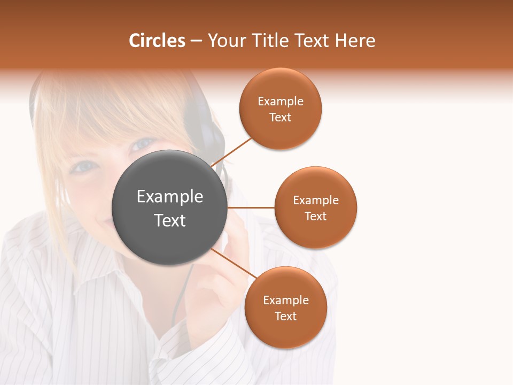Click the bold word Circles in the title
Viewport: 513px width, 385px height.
[x=157, y=41]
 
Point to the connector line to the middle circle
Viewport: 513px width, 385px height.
[x=251, y=207]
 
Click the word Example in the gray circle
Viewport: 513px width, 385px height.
[x=170, y=197]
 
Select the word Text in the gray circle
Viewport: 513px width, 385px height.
[x=170, y=220]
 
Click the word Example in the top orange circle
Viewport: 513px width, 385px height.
[x=281, y=102]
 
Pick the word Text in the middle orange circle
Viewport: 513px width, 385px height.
[x=316, y=217]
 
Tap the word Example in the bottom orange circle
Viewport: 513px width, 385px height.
[x=286, y=300]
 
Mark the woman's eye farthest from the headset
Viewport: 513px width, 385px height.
[x=84, y=167]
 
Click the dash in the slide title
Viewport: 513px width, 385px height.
[x=196, y=41]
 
